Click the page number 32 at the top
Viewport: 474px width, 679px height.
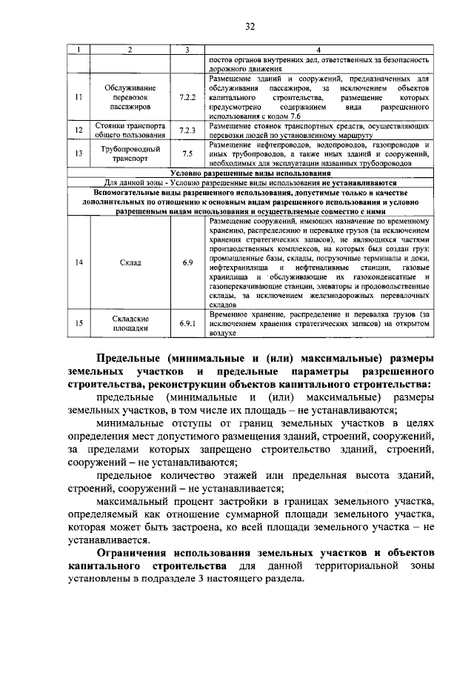(250, 27)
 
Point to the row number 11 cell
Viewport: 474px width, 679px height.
(79, 97)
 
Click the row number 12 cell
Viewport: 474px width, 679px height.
(79, 130)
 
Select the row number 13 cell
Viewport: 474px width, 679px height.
(79, 153)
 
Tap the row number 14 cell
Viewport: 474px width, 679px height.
(79, 262)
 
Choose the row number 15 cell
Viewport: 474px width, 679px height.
(79, 323)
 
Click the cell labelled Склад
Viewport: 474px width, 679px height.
(130, 262)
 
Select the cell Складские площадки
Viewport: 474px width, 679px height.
(130, 323)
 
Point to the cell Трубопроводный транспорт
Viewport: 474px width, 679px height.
(130, 153)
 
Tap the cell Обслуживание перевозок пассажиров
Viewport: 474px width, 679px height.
(130, 97)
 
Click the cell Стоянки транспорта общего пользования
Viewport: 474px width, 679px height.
(130, 130)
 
